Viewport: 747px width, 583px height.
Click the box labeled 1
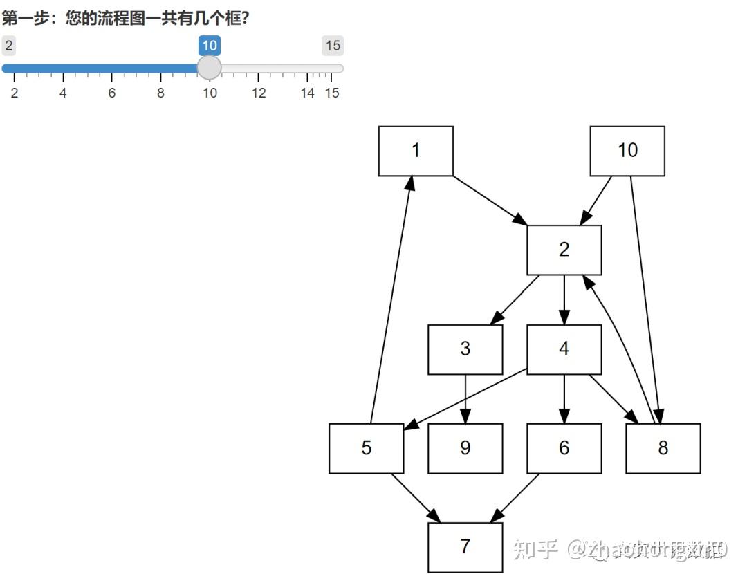click(416, 151)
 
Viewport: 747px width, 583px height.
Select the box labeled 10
click(627, 151)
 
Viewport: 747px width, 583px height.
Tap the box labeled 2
click(564, 250)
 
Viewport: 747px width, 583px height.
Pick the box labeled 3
click(465, 349)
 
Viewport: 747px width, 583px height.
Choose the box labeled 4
click(564, 349)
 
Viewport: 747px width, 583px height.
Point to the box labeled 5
click(367, 448)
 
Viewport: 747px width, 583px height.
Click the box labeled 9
click(465, 448)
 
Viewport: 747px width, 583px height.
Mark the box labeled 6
click(564, 448)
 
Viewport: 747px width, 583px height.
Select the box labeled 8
click(663, 448)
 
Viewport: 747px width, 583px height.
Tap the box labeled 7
click(465, 547)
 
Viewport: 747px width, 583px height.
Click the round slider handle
click(209, 68)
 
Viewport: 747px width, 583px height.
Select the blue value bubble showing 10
click(209, 46)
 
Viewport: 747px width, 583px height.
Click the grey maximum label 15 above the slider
click(333, 46)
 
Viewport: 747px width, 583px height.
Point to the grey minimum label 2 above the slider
click(9, 46)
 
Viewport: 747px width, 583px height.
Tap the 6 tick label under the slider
click(111, 93)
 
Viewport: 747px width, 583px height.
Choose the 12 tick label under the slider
click(259, 93)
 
